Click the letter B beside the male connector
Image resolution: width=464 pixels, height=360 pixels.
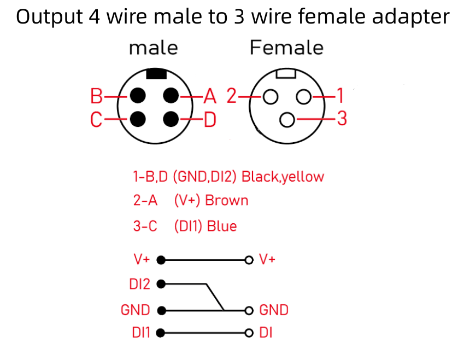tap(97, 97)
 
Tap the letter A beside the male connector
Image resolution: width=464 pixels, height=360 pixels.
tap(210, 97)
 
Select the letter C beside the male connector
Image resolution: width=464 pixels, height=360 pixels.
tap(97, 119)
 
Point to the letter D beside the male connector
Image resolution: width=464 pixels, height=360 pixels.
tap(210, 119)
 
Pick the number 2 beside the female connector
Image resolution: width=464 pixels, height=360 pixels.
tap(232, 97)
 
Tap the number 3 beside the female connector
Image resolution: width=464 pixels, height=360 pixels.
tap(342, 119)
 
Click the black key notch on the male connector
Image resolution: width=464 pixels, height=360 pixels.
tap(157, 73)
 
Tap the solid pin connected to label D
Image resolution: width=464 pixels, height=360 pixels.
tap(172, 118)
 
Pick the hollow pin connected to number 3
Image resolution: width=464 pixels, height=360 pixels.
tap(286, 119)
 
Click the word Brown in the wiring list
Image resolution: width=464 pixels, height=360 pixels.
tap(226, 201)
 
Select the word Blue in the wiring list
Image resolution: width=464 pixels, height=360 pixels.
tap(221, 226)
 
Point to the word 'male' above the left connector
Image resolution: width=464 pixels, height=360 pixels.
tap(153, 48)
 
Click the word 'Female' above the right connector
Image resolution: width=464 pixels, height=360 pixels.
tap(286, 48)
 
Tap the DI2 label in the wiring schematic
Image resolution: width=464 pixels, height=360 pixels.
tap(139, 284)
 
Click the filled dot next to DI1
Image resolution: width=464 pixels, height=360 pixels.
tap(161, 333)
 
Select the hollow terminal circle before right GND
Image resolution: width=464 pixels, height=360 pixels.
tap(249, 311)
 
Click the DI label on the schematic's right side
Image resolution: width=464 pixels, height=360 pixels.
tap(266, 333)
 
